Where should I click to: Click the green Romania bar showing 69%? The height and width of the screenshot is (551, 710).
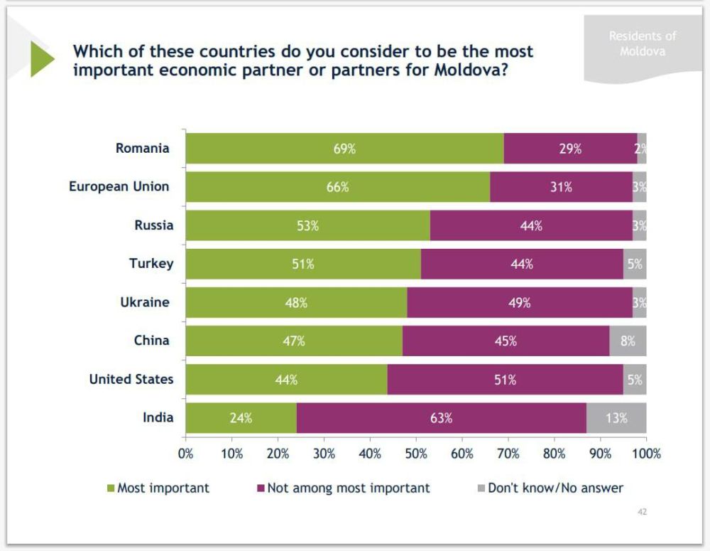pos(344,149)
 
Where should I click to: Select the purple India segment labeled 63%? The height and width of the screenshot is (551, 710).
pos(441,418)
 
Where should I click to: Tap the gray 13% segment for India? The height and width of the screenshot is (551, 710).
pos(616,418)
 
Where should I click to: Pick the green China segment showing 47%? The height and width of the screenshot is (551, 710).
pos(294,341)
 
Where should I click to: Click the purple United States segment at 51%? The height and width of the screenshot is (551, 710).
pos(505,380)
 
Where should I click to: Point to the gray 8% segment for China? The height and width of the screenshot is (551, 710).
pos(628,341)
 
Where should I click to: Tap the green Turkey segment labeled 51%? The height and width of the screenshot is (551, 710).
pos(303,264)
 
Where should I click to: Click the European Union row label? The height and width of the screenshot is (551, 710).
pos(119,186)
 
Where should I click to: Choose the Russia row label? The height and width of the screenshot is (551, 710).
pos(154,225)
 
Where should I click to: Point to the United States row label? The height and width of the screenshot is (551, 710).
pos(131,379)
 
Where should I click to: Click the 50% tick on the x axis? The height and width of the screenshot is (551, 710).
pos(416,453)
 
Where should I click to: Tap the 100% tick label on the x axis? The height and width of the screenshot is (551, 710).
pos(646,453)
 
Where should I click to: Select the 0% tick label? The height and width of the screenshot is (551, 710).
pos(186,453)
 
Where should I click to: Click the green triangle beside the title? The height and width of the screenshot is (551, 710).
pos(41,59)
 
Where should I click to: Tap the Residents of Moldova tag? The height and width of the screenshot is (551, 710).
pos(642,43)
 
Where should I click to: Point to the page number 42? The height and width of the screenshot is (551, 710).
pos(642,512)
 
